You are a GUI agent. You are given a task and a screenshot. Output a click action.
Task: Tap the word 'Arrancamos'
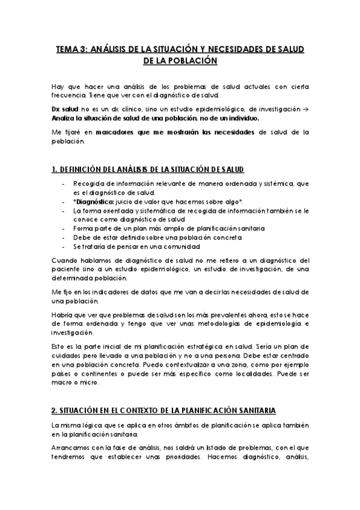click(x=70, y=447)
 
